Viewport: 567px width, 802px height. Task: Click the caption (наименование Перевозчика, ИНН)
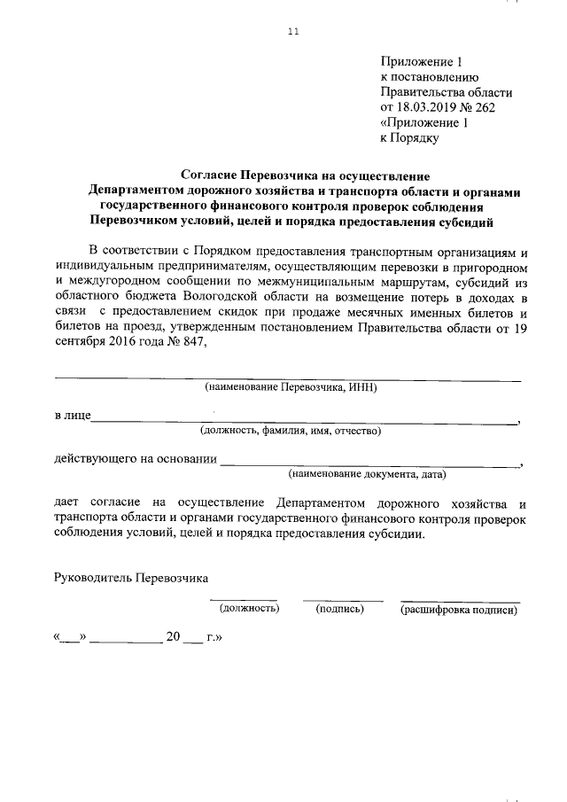click(291, 387)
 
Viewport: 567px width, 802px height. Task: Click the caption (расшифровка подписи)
click(458, 609)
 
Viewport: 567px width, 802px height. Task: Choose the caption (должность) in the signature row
click(249, 609)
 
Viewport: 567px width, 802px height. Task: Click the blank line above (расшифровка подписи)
click(460, 600)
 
